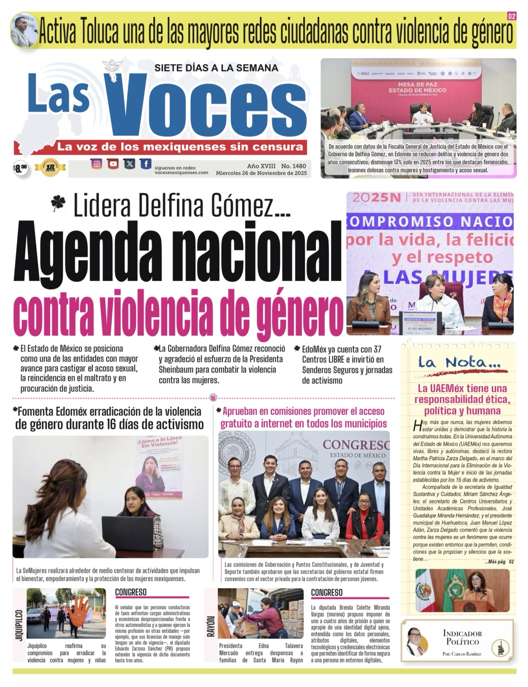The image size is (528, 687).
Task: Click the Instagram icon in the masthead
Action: coord(96,164)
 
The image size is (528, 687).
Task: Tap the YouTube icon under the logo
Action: coord(113,164)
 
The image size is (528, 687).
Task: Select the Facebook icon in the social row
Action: coord(146,164)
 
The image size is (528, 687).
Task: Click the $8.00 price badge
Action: coord(20,169)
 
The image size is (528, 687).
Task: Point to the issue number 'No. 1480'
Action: coord(293,166)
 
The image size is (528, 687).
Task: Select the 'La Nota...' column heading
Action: coord(459,362)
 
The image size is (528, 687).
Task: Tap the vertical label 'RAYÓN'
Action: coord(211,626)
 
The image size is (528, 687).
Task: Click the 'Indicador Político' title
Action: coord(462,637)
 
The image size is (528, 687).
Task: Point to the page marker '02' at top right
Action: coord(512,16)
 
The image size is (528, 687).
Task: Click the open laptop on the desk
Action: coord(128,533)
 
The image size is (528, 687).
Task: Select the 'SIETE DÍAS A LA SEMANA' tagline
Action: coord(216,68)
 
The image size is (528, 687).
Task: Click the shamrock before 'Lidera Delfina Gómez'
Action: coord(58,204)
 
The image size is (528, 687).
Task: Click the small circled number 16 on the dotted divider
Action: coord(213,398)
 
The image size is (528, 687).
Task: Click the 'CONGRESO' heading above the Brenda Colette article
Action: coord(327,592)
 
